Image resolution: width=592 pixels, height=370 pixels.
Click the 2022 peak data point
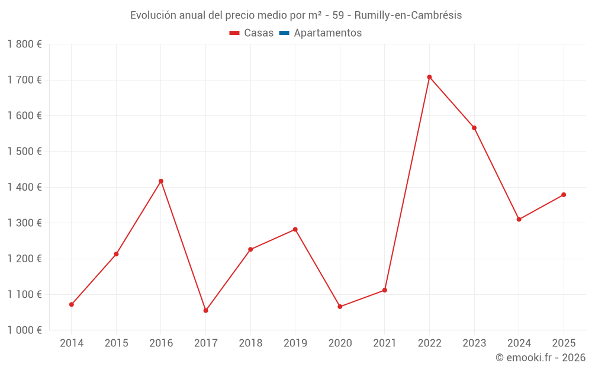[x=429, y=77]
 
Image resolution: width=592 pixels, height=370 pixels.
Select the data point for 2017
[x=205, y=310]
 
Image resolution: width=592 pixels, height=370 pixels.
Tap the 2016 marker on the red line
[x=161, y=181]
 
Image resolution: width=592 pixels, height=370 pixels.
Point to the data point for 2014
[x=72, y=304]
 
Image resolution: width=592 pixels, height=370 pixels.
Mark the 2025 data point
[x=564, y=195]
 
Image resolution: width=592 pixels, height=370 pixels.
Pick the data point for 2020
[x=340, y=307]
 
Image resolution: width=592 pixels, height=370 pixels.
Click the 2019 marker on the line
[x=295, y=229]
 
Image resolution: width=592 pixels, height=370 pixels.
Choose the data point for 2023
[x=474, y=128]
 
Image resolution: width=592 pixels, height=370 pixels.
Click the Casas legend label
[x=259, y=33]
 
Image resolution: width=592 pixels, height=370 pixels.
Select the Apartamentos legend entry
[x=327, y=33]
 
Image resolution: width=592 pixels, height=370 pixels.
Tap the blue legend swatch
[x=284, y=33]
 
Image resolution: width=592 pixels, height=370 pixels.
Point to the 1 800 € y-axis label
[x=24, y=44]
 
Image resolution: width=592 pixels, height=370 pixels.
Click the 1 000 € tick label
[x=24, y=330]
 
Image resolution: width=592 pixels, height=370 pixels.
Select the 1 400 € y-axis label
[x=24, y=187]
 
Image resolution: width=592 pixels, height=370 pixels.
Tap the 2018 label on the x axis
[x=250, y=343]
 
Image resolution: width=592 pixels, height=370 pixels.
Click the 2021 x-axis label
[x=384, y=343]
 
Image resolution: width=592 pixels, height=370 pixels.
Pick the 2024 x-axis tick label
[x=519, y=343]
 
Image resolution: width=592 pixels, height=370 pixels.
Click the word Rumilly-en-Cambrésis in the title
[x=408, y=15]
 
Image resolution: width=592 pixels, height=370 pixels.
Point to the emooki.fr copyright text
[x=540, y=358]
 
